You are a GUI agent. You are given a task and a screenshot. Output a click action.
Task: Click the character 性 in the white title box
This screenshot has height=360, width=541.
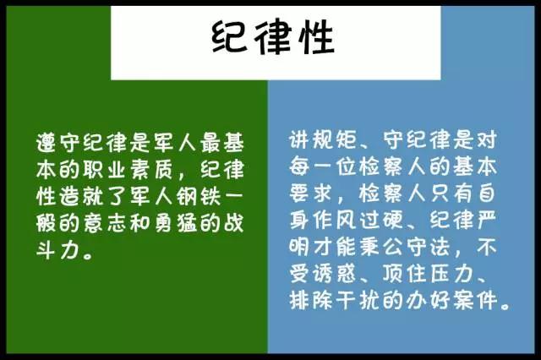[x=316, y=37]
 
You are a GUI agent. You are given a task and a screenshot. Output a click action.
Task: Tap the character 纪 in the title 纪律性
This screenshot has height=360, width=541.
[x=230, y=37]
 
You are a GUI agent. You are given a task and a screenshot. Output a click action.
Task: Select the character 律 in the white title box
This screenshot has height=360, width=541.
[x=272, y=37]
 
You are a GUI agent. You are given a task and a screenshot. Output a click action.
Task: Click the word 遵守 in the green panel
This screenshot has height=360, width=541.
[x=58, y=142]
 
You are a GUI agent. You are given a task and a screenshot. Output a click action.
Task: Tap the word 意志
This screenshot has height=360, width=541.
[x=105, y=223]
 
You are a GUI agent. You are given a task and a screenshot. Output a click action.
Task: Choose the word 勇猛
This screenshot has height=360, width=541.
[x=176, y=223]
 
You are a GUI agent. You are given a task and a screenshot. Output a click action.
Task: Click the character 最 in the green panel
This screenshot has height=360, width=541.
[x=210, y=142]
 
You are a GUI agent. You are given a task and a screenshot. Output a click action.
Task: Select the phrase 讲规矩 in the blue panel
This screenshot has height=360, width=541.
[x=323, y=139]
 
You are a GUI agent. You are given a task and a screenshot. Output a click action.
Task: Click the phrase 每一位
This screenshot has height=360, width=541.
[x=323, y=166]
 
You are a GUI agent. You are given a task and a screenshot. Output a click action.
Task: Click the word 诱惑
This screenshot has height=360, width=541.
[x=335, y=274]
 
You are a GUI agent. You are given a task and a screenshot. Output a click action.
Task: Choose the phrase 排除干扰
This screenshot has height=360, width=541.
[x=335, y=301]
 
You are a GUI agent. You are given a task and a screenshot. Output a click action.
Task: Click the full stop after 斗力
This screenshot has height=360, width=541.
[x=88, y=256]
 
